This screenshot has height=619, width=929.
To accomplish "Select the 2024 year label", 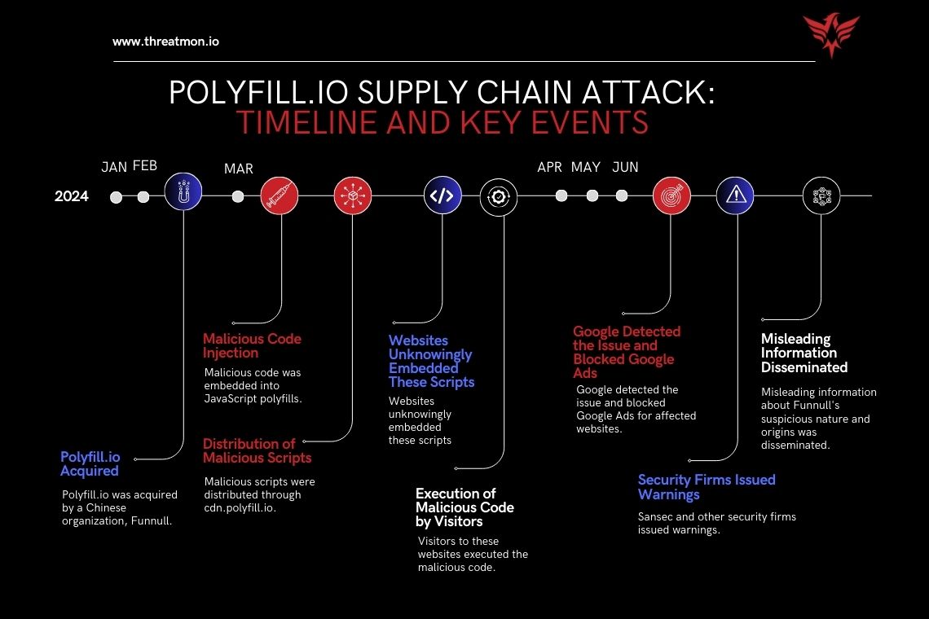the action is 72,196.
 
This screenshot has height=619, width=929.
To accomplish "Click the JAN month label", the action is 114,167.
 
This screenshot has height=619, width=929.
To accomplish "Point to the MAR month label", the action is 238,169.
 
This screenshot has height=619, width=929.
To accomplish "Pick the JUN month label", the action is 625,167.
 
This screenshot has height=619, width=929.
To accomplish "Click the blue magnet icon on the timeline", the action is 183,195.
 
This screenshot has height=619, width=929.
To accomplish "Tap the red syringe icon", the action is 280,196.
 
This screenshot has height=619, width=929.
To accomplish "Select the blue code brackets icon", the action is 442,195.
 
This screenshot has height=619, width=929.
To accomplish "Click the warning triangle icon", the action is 735,195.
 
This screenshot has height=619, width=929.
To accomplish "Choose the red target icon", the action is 671,195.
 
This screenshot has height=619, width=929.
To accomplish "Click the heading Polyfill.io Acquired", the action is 90,463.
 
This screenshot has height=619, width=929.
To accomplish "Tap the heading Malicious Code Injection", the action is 252,345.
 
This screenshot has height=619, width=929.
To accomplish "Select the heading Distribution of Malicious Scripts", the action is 258,450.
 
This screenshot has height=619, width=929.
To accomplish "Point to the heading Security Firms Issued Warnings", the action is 706,486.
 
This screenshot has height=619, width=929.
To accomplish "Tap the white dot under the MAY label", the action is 592,196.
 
